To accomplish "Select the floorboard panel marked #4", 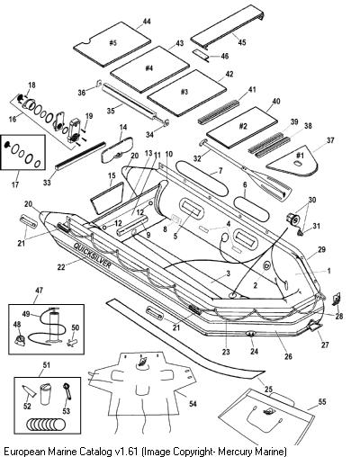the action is pyautogui.click(x=149, y=69).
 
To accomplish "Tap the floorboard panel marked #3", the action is pyautogui.click(x=186, y=93).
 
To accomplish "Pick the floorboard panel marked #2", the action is pyautogui.click(x=242, y=127).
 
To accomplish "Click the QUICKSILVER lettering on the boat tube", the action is pyautogui.click(x=93, y=255).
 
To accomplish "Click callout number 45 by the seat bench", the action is pyautogui.click(x=242, y=41).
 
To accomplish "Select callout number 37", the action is pyautogui.click(x=330, y=140).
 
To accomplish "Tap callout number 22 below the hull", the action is pyautogui.click(x=61, y=266).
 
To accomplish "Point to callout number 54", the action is pyautogui.click(x=193, y=404).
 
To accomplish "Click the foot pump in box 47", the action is pyautogui.click(x=53, y=326).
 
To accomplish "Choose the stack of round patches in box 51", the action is pyautogui.click(x=46, y=425).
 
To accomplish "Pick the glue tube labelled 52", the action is pyautogui.click(x=30, y=391).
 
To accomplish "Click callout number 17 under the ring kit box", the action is pyautogui.click(x=15, y=184).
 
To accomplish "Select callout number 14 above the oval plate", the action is pyautogui.click(x=123, y=127).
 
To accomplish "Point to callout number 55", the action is pyautogui.click(x=322, y=402).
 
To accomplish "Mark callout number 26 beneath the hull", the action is pyautogui.click(x=288, y=356).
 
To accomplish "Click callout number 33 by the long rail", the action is pyautogui.click(x=47, y=182).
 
